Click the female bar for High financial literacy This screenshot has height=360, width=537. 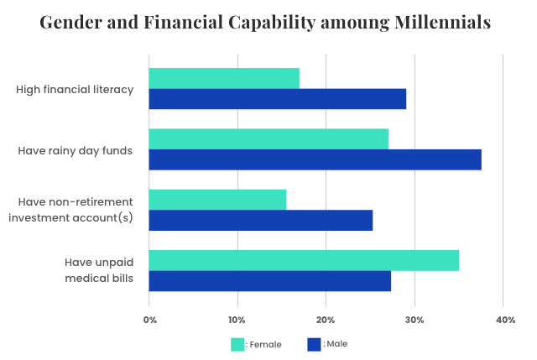tap(224, 78)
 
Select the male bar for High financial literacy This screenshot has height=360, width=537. tap(278, 99)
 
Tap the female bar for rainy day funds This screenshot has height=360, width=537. tap(268, 139)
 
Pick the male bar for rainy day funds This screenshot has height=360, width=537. tap(315, 159)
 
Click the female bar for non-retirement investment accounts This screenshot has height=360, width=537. tap(217, 200)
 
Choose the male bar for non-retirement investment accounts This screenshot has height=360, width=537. tap(261, 221)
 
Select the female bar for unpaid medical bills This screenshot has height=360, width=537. tap(304, 260)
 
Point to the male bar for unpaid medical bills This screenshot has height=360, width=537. tap(270, 281)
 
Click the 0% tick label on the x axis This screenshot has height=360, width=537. tap(149, 320)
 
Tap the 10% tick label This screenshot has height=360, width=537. tap(237, 320)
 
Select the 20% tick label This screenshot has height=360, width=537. tap(326, 320)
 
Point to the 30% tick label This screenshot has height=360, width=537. tap(414, 320)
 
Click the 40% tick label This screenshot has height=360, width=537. tap(505, 320)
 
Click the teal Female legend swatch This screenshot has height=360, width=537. tap(237, 344)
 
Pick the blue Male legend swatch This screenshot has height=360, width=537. tap(315, 344)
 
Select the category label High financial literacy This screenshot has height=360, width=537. tap(76, 89)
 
